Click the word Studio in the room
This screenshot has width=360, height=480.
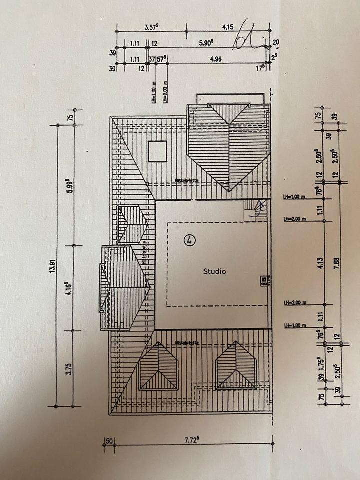[214, 271]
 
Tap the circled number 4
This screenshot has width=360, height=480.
[189, 240]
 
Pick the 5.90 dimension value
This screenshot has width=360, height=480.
[205, 43]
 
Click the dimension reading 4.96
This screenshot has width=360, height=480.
[216, 59]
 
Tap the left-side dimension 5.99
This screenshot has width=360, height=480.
[70, 186]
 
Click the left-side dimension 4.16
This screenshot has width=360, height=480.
[70, 288]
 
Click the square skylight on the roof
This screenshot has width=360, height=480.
[157, 151]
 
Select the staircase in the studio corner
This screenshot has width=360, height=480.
[255, 210]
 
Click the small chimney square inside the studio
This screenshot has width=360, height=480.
[263, 280]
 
